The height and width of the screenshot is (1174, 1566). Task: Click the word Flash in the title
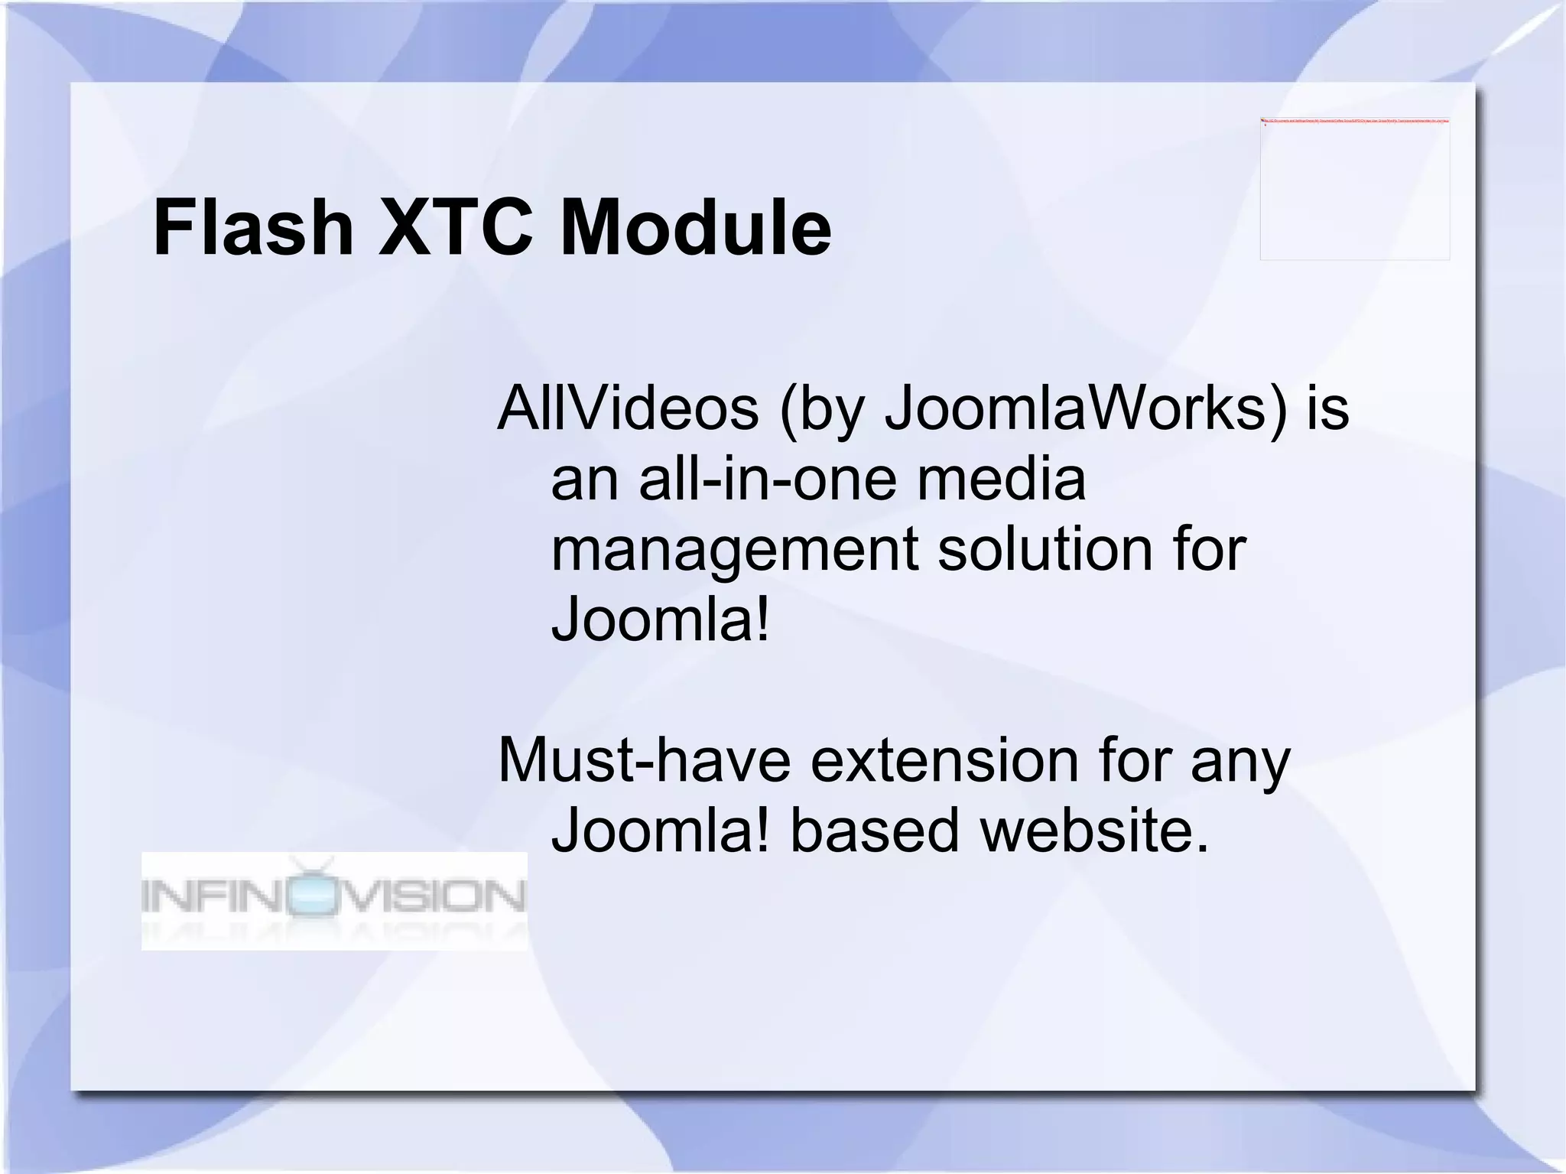[253, 228]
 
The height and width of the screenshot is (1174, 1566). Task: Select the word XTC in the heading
[456, 228]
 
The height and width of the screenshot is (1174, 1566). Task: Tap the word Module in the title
[695, 228]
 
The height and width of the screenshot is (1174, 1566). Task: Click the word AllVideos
[628, 408]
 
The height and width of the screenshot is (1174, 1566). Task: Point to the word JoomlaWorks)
[1086, 408]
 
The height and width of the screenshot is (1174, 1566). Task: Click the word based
[874, 831]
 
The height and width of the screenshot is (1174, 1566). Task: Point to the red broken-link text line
[1354, 121]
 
